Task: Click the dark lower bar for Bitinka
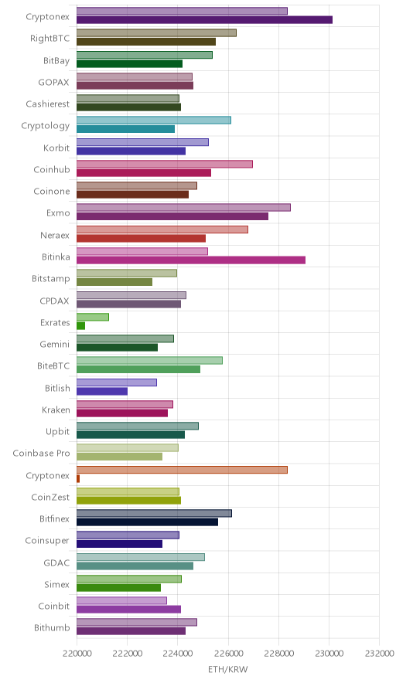[x=191, y=260]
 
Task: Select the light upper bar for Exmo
[x=183, y=208]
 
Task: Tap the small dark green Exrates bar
[x=80, y=326]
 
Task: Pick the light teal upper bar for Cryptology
[x=154, y=121]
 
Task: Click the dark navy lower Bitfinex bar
[x=148, y=522]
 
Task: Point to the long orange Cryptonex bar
[x=182, y=470]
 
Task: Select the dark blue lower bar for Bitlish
[x=102, y=391]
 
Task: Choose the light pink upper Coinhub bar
[x=165, y=165]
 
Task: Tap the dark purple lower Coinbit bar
[x=128, y=610]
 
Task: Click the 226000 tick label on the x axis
[x=228, y=654]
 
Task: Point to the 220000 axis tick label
[x=77, y=654]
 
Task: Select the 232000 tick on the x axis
[x=379, y=654]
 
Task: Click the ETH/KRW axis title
[x=227, y=670]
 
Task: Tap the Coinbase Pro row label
[x=42, y=453]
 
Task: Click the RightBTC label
[x=49, y=39]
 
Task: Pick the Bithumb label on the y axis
[x=52, y=627]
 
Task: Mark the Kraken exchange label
[x=56, y=410]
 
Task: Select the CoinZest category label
[x=50, y=497]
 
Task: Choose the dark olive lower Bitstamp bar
[x=114, y=282]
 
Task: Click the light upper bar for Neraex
[x=162, y=229]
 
